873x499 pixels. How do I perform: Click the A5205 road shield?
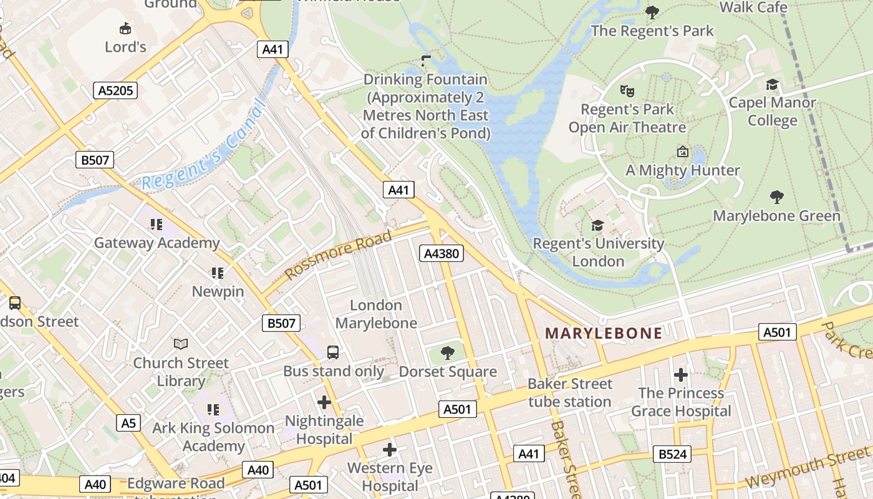point(116,90)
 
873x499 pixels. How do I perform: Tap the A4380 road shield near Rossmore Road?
point(441,253)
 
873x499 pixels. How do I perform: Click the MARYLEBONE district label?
point(604,333)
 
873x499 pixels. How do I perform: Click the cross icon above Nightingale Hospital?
point(324,402)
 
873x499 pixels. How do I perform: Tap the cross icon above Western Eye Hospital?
point(390,449)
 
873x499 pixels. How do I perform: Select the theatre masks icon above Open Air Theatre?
point(627,90)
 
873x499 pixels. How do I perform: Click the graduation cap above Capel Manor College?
point(772,84)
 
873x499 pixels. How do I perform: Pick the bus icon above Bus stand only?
point(333,352)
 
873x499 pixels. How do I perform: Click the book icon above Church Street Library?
point(181,344)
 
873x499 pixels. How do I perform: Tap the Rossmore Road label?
point(339,254)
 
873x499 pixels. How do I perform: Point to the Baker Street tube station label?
point(570,392)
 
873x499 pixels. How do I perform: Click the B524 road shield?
point(672,454)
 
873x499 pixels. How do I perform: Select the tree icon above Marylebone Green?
point(776,198)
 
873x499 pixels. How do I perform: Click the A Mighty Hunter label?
point(682,170)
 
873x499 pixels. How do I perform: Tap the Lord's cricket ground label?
point(125,47)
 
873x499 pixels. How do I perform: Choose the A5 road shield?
point(128,423)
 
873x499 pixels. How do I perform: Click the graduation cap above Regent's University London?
point(597,225)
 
